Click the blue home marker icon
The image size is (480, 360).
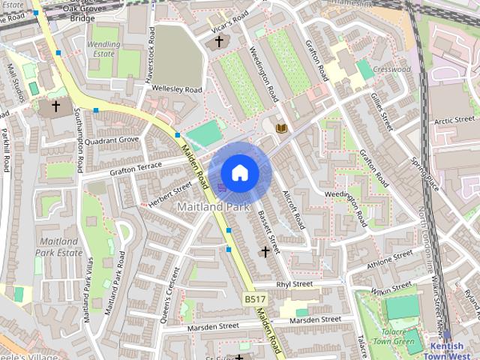tap(240, 172)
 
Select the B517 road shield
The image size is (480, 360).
tap(255, 299)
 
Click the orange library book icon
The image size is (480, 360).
tap(281, 129)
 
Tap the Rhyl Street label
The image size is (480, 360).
tap(294, 284)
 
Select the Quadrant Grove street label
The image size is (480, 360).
tap(112, 139)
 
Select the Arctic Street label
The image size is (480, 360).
tap(454, 119)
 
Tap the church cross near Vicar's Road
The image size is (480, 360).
tap(219, 42)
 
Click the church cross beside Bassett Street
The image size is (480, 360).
tap(264, 251)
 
